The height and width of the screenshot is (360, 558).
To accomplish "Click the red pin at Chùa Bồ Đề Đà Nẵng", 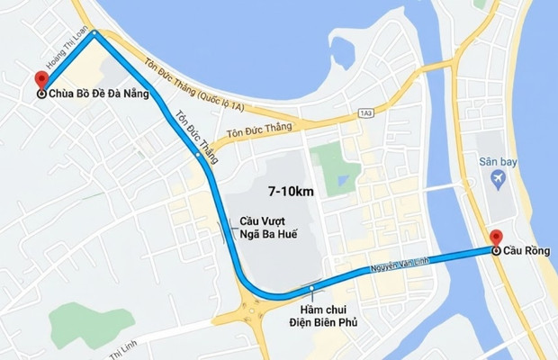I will click(x=39, y=80).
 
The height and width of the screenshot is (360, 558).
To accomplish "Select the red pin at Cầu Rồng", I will click(x=496, y=238).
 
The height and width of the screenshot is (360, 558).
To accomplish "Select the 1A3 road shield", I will click(x=364, y=112).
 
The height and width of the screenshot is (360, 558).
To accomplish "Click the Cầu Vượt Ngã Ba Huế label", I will click(x=268, y=226).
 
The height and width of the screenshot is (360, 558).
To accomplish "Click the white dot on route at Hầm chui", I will click(x=311, y=289).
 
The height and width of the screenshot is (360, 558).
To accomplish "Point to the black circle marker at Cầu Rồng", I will click(x=496, y=252).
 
